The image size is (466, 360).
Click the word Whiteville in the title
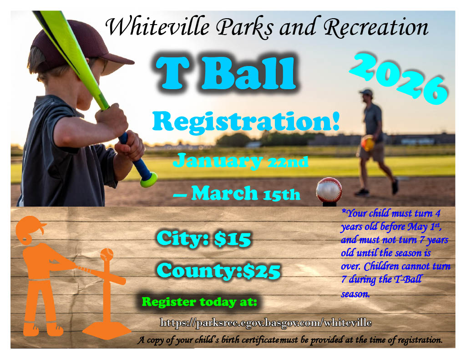[x=157, y=27]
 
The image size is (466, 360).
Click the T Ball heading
[x=226, y=73]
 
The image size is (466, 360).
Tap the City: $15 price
[x=204, y=238]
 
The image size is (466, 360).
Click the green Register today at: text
[x=199, y=302]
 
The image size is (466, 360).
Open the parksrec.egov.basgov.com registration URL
[x=266, y=323]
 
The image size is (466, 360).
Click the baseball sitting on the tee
[x=329, y=190]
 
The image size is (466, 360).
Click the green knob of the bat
[x=148, y=180]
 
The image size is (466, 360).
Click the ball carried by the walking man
[x=368, y=143]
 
